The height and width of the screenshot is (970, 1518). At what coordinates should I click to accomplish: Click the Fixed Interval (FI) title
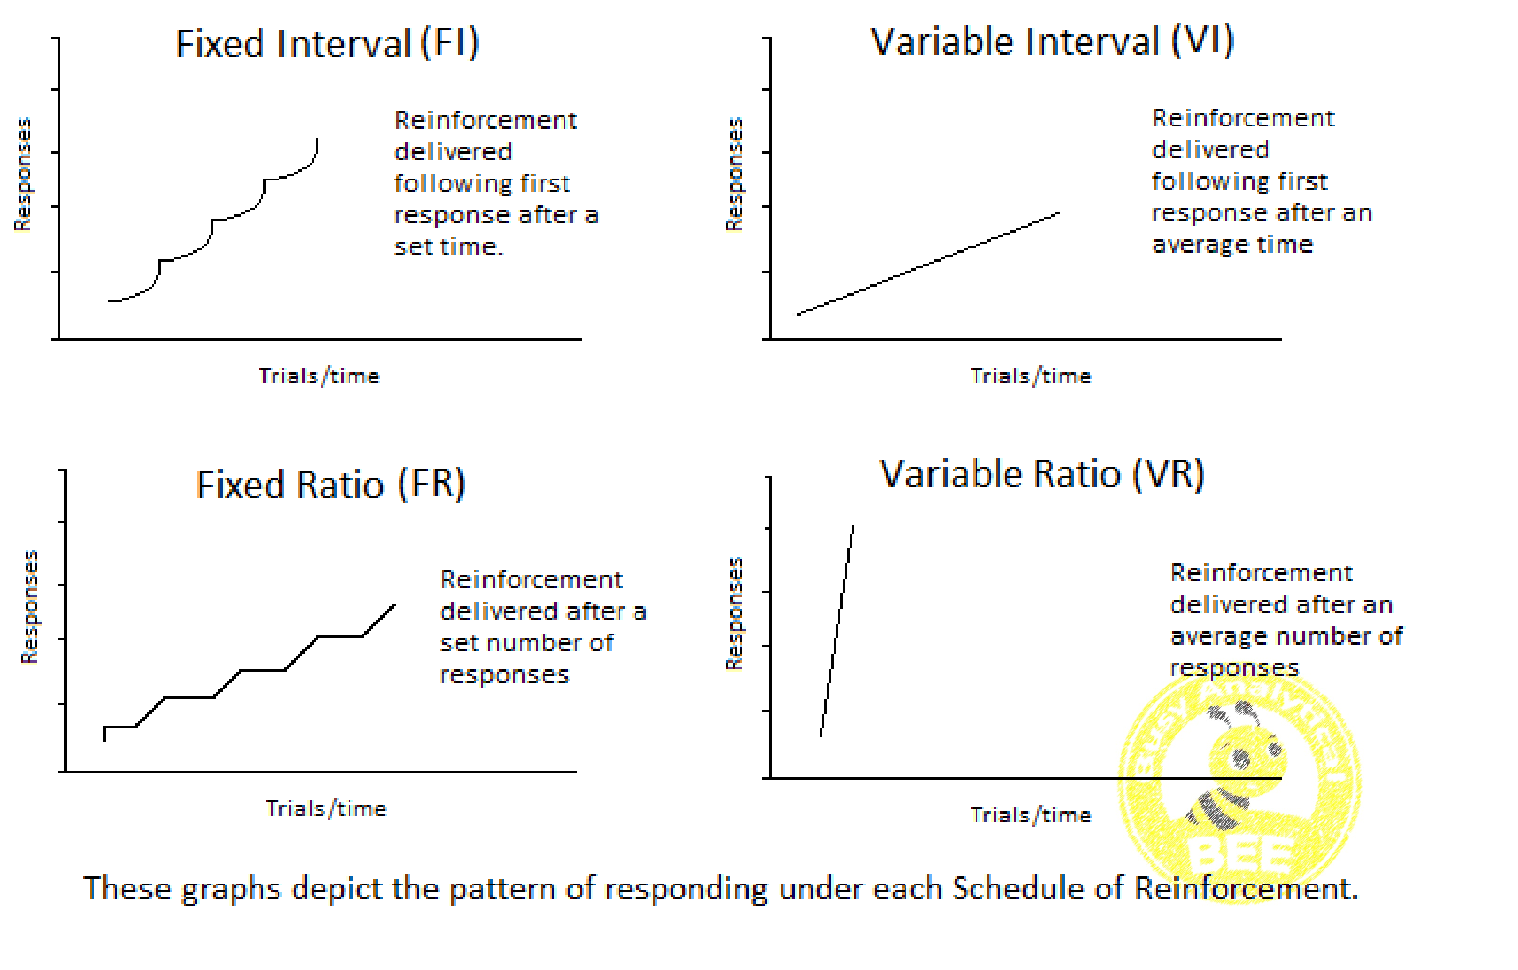pyautogui.click(x=327, y=44)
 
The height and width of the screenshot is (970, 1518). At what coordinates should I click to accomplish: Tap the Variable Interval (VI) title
pyautogui.click(x=1052, y=42)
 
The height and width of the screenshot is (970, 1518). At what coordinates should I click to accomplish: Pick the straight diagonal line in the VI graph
pyautogui.click(x=929, y=264)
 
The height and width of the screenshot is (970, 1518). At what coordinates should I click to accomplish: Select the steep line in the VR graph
pyautogui.click(x=837, y=631)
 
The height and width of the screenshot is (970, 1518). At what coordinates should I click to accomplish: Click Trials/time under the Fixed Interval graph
pyautogui.click(x=319, y=376)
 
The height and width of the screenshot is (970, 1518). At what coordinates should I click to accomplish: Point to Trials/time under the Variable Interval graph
pyautogui.click(x=1030, y=376)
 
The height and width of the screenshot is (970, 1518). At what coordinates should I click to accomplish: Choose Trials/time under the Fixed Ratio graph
pyautogui.click(x=325, y=808)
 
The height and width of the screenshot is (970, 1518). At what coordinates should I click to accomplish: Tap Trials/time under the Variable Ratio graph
pyautogui.click(x=1030, y=815)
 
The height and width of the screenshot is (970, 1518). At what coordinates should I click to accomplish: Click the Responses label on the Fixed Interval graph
pyautogui.click(x=22, y=175)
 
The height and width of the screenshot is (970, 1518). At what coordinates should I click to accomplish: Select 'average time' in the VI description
pyautogui.click(x=1232, y=245)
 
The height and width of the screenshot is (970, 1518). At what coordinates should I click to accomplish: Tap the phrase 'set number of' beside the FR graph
pyautogui.click(x=527, y=643)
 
